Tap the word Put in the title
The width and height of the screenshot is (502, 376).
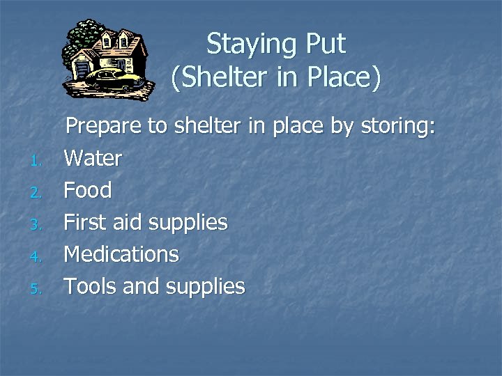(325, 44)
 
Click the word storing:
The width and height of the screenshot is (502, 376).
(398, 127)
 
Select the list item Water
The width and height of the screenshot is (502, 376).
(93, 159)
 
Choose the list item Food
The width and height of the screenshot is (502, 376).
(87, 190)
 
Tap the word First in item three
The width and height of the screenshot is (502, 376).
(84, 222)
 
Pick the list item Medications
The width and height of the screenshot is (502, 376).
(121, 254)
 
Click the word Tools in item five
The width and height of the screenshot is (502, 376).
(91, 286)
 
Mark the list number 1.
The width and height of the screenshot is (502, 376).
(37, 162)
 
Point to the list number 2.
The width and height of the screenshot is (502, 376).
(37, 194)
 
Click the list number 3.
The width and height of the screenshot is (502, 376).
(37, 226)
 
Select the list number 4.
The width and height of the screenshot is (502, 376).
(37, 258)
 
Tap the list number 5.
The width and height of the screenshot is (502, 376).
(37, 290)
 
